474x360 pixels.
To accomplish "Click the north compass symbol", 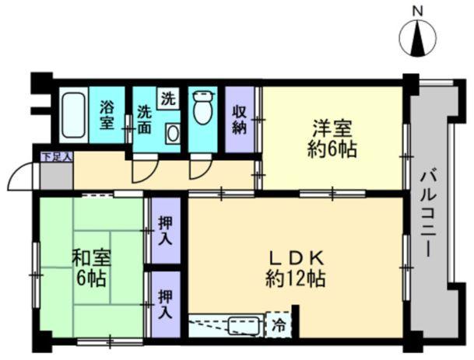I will pos(417,38).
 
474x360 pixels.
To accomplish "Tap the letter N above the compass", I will pos(417,10).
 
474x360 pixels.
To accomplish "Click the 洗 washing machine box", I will pos(168,98).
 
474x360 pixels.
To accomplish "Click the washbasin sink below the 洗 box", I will pos(172,133).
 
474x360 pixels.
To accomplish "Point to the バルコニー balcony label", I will pos(427,210).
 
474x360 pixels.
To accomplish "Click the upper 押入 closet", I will pos(165,230).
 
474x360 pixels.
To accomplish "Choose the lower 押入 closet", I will pos(165,303).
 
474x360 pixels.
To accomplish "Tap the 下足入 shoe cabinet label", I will pos(55,157).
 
